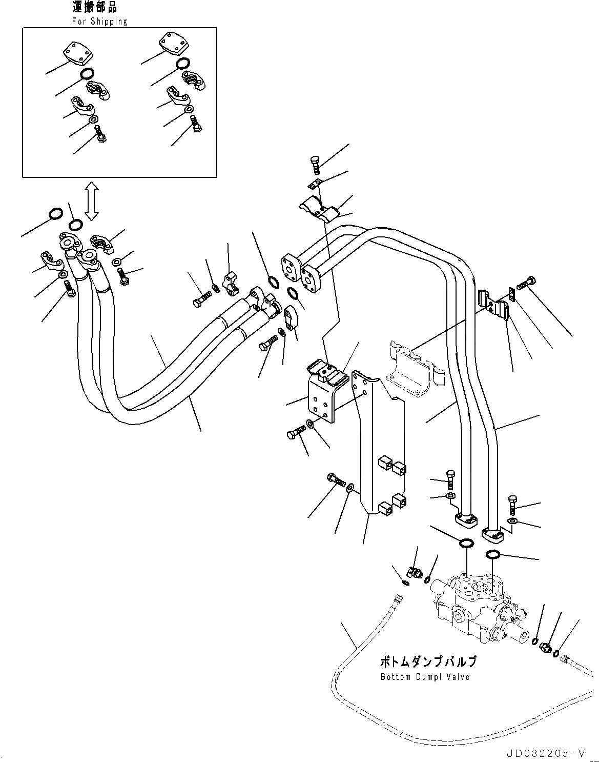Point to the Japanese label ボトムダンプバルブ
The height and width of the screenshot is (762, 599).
428,662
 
